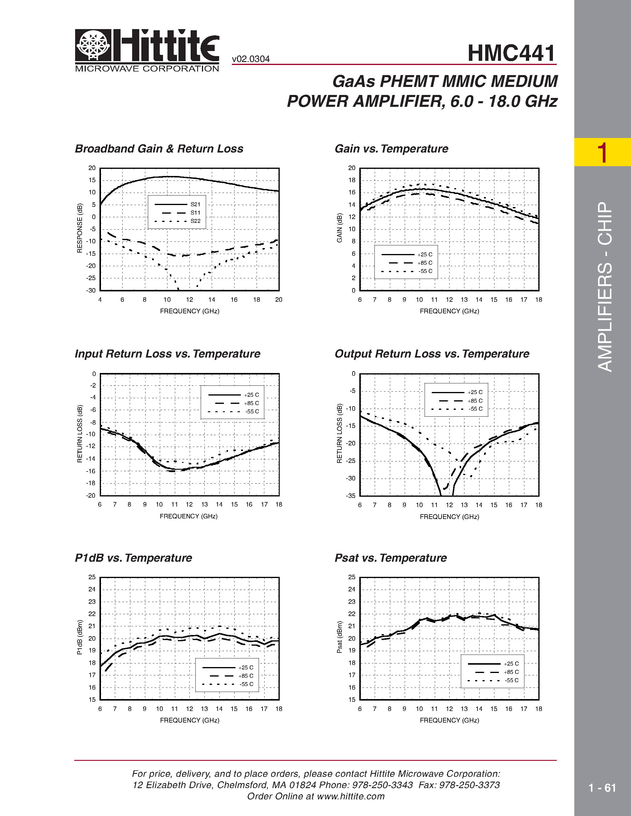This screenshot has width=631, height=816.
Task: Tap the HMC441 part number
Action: [511, 53]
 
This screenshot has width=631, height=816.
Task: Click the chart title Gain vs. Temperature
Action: [391, 149]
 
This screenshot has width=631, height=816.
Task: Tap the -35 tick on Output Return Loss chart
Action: [350, 496]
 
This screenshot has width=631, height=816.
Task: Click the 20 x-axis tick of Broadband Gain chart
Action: [279, 300]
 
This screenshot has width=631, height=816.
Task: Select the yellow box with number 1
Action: [602, 152]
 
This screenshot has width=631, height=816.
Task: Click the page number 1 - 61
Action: [602, 788]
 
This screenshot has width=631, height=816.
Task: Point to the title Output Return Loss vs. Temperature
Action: [432, 354]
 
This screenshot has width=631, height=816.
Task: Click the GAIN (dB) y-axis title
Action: [339, 228]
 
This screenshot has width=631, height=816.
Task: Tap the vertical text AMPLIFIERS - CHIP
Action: [605, 287]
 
